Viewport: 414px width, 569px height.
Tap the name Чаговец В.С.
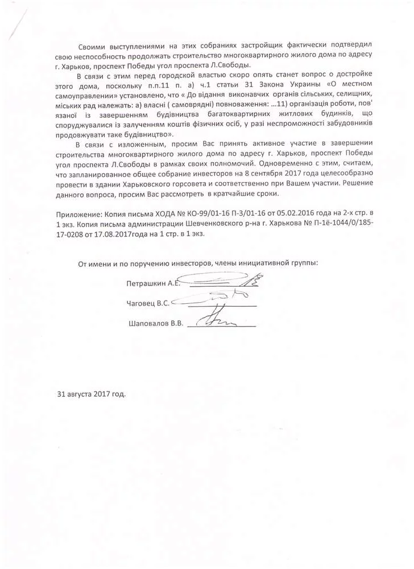pos(148,303)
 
